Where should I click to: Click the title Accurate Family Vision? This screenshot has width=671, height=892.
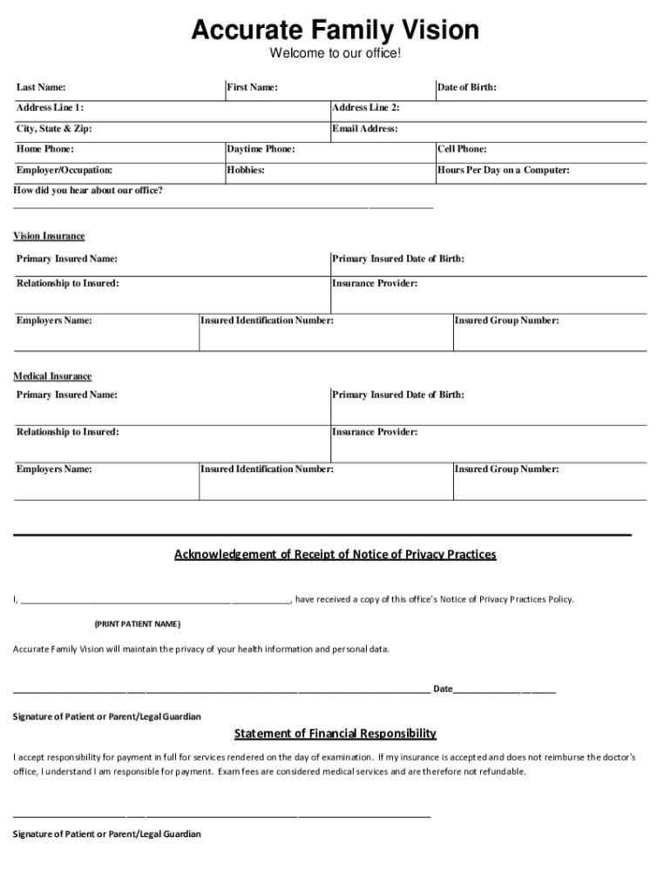(x=335, y=31)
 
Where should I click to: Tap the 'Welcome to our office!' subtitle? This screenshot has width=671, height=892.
(x=335, y=55)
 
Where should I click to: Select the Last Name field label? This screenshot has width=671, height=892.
(x=41, y=87)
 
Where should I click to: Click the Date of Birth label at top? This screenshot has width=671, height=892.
(x=467, y=87)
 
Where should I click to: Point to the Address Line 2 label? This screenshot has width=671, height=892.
(x=366, y=108)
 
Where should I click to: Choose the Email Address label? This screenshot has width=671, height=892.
(x=365, y=129)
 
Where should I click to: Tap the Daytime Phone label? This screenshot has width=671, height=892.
(x=261, y=150)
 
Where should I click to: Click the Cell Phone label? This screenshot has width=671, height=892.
(x=462, y=150)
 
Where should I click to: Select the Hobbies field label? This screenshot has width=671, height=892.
(x=246, y=171)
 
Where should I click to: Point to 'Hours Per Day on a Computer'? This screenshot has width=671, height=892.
(x=504, y=171)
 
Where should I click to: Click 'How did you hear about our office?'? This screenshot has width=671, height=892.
(x=88, y=190)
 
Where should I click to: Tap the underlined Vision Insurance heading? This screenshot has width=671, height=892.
(x=49, y=236)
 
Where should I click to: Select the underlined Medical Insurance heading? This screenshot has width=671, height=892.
(x=52, y=376)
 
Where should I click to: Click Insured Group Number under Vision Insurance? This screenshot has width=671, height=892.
(x=507, y=321)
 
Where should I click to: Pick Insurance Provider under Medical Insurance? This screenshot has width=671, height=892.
(x=375, y=432)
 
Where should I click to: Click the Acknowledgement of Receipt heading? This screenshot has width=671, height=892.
(x=335, y=554)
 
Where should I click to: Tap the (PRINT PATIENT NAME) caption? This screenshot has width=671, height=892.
(x=137, y=625)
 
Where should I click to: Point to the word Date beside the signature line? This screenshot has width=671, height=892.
(x=443, y=689)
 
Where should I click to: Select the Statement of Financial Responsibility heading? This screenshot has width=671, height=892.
(x=335, y=733)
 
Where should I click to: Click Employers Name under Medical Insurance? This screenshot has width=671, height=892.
(x=54, y=470)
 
